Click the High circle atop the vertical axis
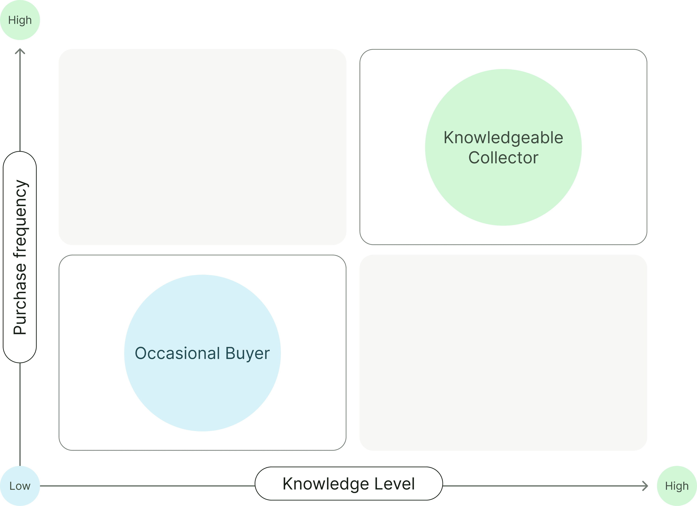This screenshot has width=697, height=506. pyautogui.click(x=20, y=20)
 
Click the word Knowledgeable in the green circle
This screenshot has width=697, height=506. pyautogui.click(x=503, y=138)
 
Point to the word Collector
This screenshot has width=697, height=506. pyautogui.click(x=503, y=158)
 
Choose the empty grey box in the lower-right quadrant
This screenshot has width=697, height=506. pyautogui.click(x=503, y=353)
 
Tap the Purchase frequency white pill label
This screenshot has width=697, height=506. pyautogui.click(x=20, y=257)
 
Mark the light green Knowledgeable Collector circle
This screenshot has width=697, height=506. pyautogui.click(x=503, y=191)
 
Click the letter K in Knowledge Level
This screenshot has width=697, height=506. pyautogui.click(x=288, y=484)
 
